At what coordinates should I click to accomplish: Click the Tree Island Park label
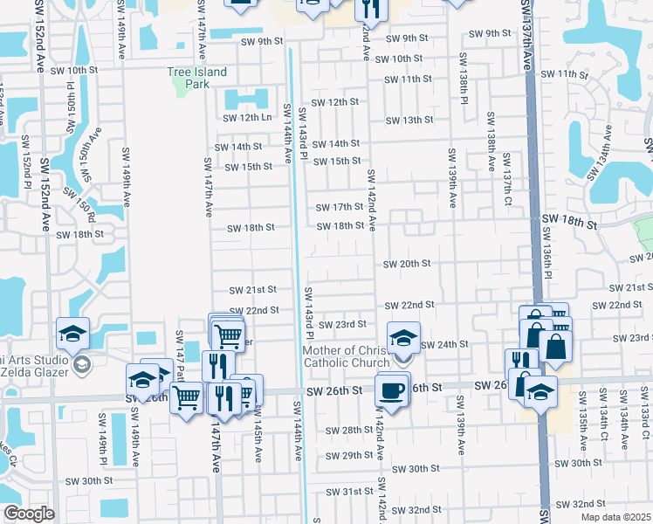197,78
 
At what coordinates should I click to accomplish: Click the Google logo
29,514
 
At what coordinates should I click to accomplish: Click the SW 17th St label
340,207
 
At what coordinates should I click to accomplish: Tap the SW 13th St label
409,121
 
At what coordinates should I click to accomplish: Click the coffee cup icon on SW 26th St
392,389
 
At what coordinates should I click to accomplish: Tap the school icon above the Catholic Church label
403,339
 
